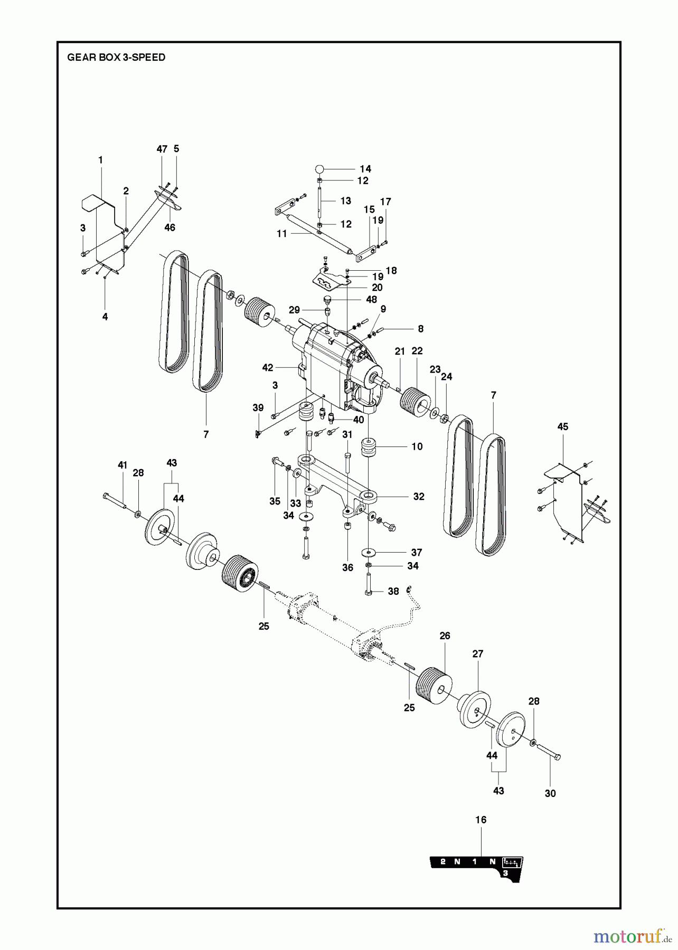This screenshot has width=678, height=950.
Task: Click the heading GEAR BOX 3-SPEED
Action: tap(116, 58)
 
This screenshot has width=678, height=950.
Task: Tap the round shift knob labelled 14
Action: tap(319, 169)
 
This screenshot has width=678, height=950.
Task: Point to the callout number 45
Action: tap(563, 426)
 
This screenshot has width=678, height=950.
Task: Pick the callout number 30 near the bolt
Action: tap(550, 793)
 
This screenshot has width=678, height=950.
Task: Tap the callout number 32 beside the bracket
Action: tap(419, 497)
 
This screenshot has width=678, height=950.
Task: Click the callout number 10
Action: tap(417, 446)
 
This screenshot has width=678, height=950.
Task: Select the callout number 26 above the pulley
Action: tap(445, 636)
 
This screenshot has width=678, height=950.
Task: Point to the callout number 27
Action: tap(478, 654)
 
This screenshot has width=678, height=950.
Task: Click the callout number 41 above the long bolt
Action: tap(123, 465)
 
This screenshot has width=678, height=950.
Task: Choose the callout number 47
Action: tap(162, 149)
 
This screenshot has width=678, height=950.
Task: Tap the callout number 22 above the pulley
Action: tap(417, 351)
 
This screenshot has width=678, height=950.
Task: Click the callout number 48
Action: tap(372, 300)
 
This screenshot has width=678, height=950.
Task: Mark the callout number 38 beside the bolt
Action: tap(393, 592)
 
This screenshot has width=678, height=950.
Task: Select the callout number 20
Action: tap(377, 288)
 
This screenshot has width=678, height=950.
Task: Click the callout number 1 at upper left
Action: tap(100, 160)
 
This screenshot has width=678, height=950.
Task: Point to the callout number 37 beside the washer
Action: tap(417, 553)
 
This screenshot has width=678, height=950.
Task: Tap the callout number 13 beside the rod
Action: tap(345, 201)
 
